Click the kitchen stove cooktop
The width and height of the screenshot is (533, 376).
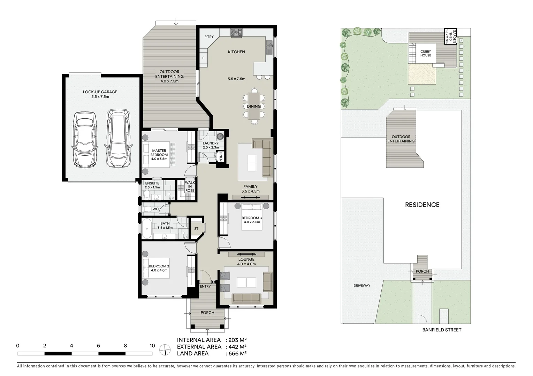point(236,32)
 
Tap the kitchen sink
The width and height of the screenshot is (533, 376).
point(269,47)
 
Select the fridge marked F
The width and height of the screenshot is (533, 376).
point(203,58)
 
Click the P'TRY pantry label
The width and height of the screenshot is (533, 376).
point(209,37)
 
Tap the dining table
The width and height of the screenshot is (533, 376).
point(254,106)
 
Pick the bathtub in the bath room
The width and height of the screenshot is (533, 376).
point(147,229)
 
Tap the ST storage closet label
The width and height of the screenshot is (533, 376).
point(196,229)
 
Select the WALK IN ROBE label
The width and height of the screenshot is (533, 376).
point(190,187)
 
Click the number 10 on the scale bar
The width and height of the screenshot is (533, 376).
point(152,346)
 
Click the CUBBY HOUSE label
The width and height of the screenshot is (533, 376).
point(425,53)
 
